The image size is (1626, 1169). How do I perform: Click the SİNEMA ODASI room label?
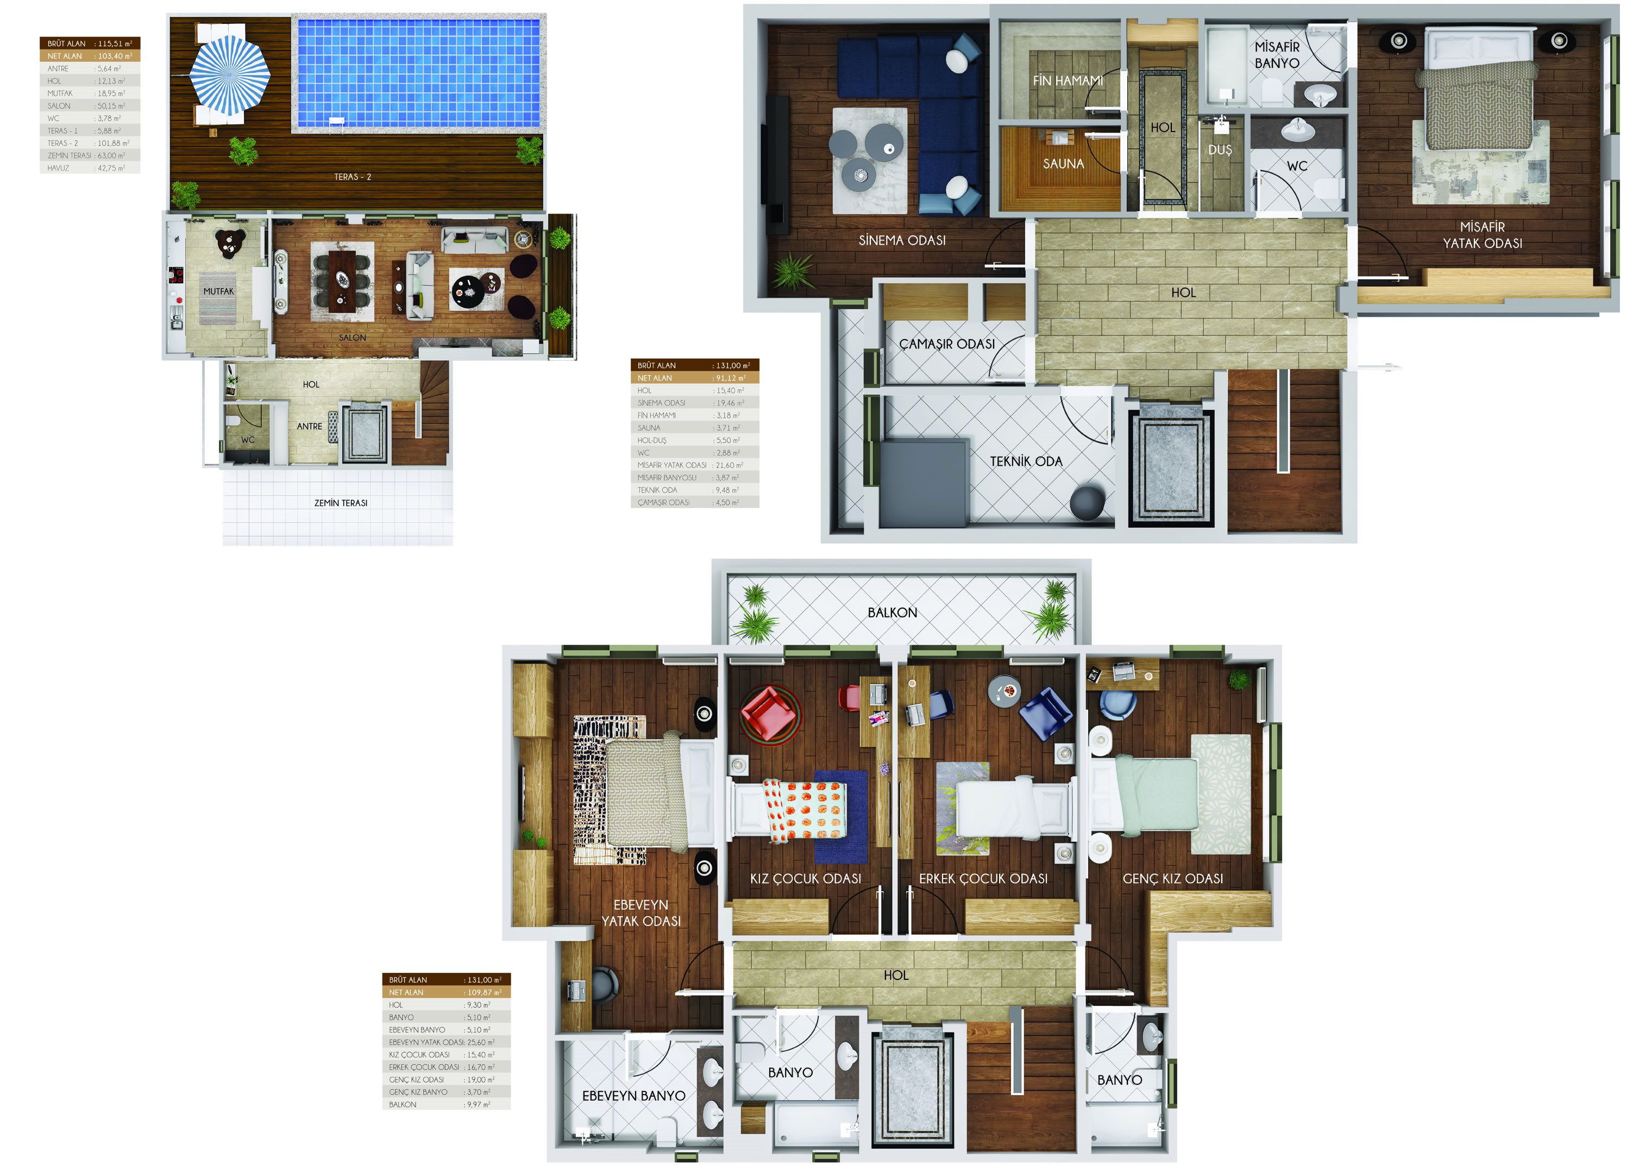pos(902,240)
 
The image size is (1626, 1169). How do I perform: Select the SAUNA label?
pos(1063,164)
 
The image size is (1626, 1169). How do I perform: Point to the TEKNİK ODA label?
pos(1026,461)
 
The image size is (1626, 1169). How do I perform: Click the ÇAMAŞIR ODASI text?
pos(947,344)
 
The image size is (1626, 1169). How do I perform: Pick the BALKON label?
pos(893,612)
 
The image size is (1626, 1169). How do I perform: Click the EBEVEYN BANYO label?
pos(634,1096)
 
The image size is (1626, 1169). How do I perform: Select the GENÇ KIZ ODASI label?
pos(1173,879)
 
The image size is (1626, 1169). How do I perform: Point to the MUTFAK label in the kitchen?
pos(218,291)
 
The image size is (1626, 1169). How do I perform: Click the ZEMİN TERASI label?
pos(341,503)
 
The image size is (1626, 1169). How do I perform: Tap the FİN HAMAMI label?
pos(1068,80)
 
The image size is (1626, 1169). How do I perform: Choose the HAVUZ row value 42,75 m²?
pos(111,168)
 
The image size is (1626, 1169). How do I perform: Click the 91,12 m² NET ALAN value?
pos(731,378)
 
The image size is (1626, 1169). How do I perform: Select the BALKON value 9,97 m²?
pos(478,1104)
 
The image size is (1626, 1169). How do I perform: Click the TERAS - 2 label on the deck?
pos(353,177)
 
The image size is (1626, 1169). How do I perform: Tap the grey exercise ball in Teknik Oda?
pos(1088,502)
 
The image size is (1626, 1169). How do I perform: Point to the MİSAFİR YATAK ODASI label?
pos(1483,235)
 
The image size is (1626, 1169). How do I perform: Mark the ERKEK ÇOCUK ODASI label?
pos(984,879)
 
